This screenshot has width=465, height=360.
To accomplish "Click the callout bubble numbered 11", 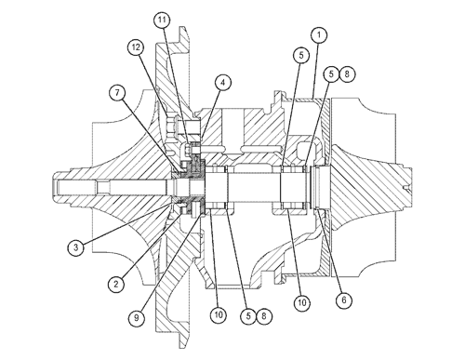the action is click(x=162, y=20).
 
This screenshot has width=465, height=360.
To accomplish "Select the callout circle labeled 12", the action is click(x=136, y=47).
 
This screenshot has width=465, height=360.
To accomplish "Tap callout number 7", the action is click(x=117, y=93).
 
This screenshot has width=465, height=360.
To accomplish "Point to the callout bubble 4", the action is click(x=222, y=83).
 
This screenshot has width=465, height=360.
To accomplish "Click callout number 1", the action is click(x=319, y=35).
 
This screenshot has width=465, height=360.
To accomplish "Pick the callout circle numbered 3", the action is click(x=76, y=247).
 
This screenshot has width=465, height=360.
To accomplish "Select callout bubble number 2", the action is click(x=116, y=284).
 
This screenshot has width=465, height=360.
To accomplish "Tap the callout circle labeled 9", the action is click(x=137, y=317).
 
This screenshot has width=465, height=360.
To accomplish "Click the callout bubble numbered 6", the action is click(x=344, y=300).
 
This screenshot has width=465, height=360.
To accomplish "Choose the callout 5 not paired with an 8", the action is click(x=301, y=55).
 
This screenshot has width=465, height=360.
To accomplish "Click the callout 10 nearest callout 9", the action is click(x=219, y=315).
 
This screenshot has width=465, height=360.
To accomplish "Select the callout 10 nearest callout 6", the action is click(x=301, y=302).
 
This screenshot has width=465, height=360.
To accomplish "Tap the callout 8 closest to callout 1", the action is click(x=347, y=74).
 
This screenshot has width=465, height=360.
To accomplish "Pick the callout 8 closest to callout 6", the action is click(x=264, y=316).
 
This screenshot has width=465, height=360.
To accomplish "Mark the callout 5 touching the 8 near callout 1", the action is click(x=331, y=74).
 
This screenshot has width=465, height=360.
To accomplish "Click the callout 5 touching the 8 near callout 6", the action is click(x=248, y=316).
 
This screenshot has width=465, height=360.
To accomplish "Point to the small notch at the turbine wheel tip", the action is click(x=406, y=187).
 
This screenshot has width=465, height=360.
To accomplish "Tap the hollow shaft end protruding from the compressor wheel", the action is click(x=63, y=187).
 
